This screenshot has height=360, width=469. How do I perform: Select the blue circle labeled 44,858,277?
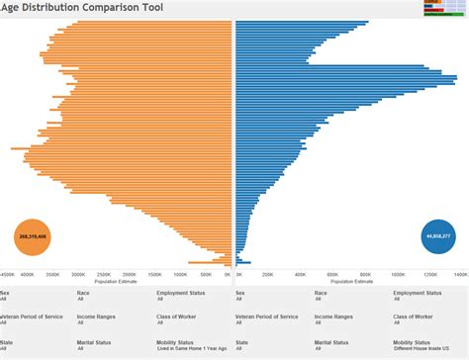[437, 236]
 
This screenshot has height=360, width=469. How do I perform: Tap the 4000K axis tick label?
[28, 274]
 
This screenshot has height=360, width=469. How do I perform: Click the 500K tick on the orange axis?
[207, 274]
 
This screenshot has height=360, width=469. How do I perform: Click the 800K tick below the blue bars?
[365, 274]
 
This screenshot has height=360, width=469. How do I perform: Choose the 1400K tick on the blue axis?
[460, 274]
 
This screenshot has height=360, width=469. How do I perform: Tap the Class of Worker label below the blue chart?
[415, 316]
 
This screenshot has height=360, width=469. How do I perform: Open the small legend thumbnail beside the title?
[444, 9]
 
